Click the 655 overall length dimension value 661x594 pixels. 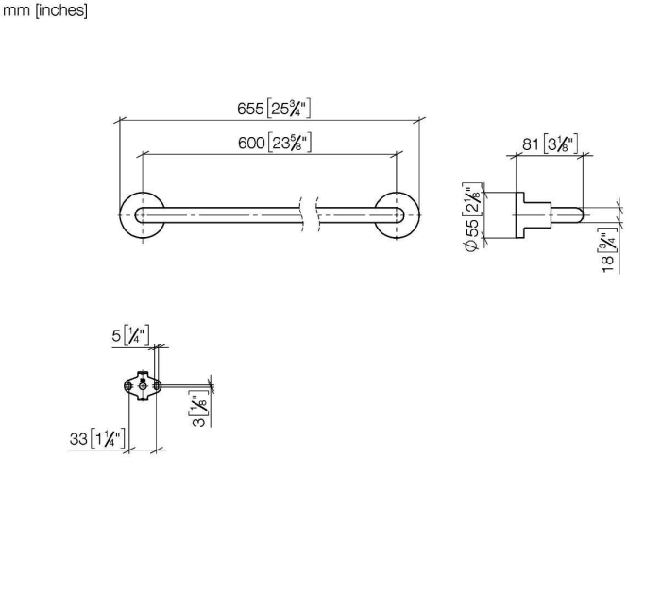(x=250, y=109)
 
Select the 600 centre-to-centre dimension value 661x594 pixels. (x=251, y=143)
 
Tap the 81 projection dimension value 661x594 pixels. (x=531, y=144)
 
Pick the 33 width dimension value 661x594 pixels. (x=78, y=439)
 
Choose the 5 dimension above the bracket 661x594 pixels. (x=116, y=336)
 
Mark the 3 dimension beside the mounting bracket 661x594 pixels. (x=198, y=420)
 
